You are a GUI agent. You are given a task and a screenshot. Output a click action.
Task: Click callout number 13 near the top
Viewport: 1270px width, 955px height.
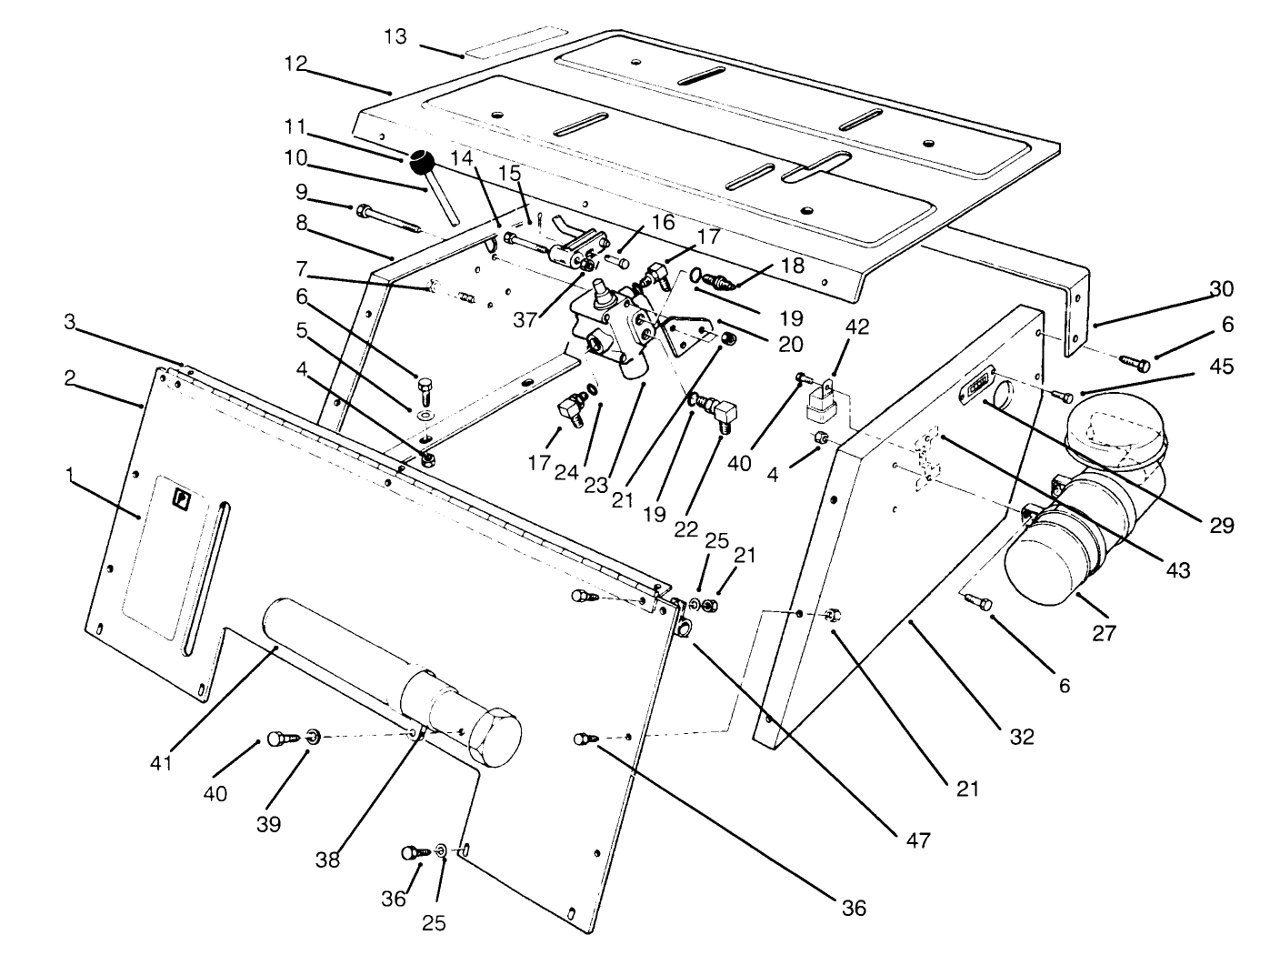[395, 37]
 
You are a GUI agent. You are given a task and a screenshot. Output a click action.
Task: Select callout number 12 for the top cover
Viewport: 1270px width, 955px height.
[295, 65]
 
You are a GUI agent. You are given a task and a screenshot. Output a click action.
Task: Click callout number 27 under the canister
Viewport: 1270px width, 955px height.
[1103, 632]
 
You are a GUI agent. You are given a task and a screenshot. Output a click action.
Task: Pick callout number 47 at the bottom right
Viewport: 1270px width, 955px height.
[917, 839]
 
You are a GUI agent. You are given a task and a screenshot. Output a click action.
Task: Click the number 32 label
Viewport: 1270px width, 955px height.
[1022, 736]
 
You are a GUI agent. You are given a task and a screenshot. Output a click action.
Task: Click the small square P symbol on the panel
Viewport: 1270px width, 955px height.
[182, 498]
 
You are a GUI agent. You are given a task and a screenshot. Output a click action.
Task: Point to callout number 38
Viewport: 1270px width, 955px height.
[327, 859]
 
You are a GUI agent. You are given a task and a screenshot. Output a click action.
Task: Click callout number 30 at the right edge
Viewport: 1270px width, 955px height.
[1221, 289]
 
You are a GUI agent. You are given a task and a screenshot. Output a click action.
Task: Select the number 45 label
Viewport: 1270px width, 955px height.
[1222, 367]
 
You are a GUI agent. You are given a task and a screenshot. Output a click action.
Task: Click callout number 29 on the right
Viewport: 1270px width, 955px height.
[1221, 525]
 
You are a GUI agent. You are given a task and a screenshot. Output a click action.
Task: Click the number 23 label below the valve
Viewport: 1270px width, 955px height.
[595, 486]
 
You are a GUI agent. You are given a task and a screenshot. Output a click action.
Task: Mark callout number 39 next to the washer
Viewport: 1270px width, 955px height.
[269, 824]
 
